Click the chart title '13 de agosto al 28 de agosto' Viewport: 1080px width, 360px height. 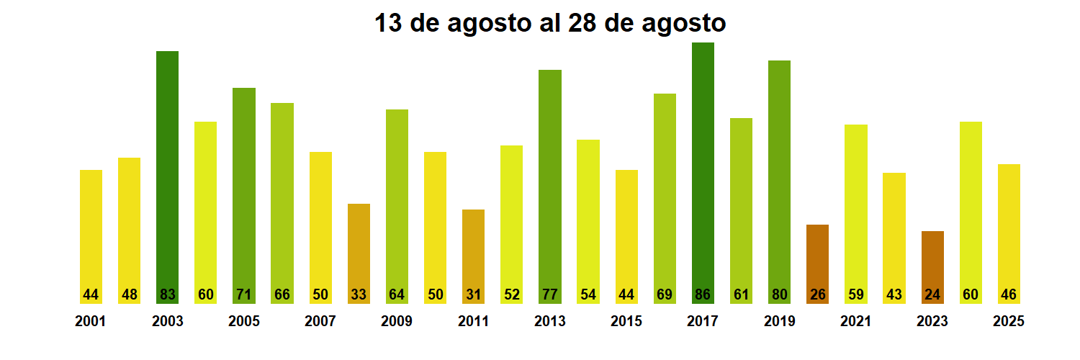(550, 23)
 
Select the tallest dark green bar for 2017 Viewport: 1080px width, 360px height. (703, 173)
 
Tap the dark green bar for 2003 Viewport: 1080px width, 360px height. (167, 176)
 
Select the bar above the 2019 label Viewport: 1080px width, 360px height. (779, 180)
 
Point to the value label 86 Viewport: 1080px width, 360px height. (703, 294)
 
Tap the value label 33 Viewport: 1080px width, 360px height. (359, 294)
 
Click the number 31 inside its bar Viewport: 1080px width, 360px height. (473, 294)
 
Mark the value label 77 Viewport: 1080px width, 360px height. (550, 294)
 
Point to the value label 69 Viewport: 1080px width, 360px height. (665, 294)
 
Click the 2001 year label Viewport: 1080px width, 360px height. (90, 322)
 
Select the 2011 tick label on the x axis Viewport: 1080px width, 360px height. (473, 322)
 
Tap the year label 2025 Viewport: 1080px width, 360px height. (1009, 322)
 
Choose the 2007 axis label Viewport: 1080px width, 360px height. (320, 322)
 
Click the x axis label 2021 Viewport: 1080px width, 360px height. (855, 322)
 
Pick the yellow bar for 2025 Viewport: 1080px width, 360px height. (1009, 230)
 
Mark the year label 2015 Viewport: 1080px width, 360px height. (626, 322)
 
